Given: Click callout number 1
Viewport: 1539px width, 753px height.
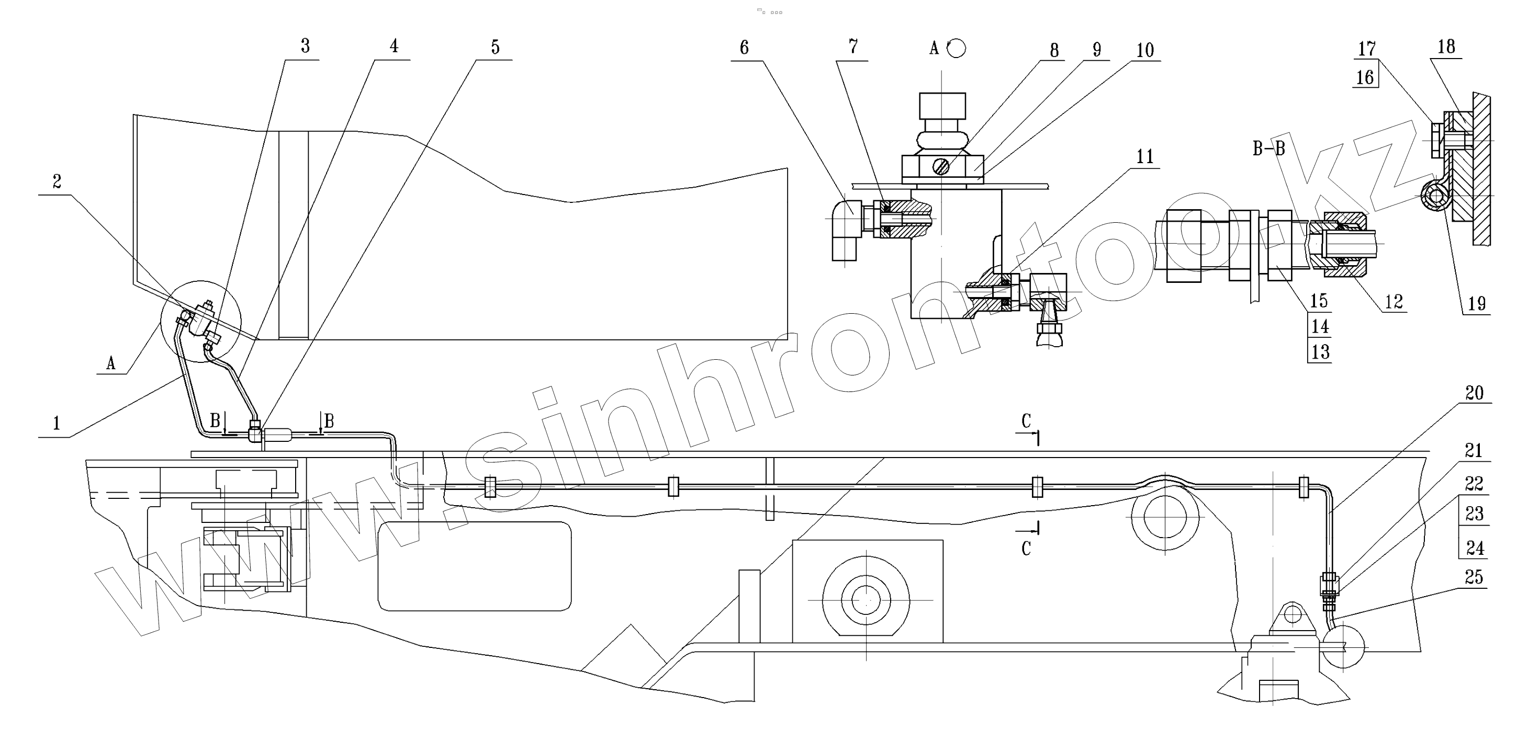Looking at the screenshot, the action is click(57, 424).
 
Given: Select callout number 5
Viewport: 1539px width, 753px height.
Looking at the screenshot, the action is click(495, 47).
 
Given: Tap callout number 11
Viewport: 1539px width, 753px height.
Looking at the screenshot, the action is click(1144, 156).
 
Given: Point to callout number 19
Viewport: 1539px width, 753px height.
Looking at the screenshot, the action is click(1477, 303).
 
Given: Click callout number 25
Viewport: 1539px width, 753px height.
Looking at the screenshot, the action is click(1474, 577).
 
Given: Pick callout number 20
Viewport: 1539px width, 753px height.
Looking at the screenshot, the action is click(1475, 392).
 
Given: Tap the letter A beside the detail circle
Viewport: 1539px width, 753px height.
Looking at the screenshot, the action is click(110, 363).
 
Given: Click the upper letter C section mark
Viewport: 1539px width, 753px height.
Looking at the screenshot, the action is click(1026, 421).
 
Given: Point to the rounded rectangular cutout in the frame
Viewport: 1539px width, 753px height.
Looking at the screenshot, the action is click(475, 565).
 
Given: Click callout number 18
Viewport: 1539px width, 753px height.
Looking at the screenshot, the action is click(1446, 47).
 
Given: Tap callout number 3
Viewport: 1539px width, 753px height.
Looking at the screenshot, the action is click(305, 46).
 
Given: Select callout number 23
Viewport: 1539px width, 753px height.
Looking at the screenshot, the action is click(1475, 514).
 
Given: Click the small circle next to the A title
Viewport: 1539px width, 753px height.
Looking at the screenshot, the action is click(957, 48).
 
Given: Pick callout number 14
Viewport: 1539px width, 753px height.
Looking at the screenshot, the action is click(1320, 326).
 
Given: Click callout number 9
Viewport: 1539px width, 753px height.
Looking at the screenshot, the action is click(1097, 49).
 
